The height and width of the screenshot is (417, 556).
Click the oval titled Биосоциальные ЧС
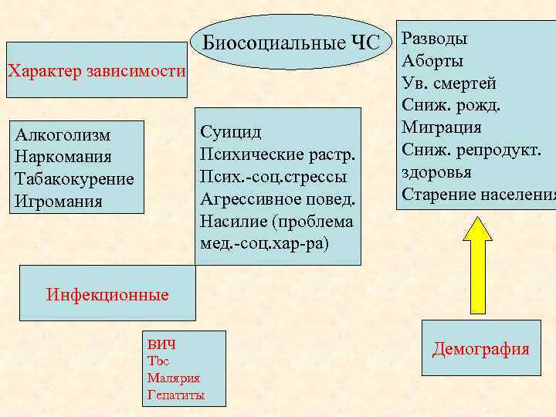pos(291,42)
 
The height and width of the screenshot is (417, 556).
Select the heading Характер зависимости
pos(97,72)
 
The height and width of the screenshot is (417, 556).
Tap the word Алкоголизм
pos(63,135)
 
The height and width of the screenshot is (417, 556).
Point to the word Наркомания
pos(63,157)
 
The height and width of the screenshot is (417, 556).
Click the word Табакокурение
pos(74,179)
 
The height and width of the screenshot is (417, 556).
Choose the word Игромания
pos(58,202)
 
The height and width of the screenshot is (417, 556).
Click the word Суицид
pos(230,132)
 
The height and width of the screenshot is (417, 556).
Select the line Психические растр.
pos(278,154)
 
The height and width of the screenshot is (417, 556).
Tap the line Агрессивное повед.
pos(278,199)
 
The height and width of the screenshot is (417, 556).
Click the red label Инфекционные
pos(107,294)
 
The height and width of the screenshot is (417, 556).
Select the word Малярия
pos(173,378)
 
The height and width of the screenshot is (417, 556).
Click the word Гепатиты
pos(175,395)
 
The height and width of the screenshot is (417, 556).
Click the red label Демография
pos(481,349)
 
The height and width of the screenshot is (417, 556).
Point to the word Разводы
pos(435,39)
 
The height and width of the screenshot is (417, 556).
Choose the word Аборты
pos(432,61)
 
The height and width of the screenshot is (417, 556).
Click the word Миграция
pos(442,127)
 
